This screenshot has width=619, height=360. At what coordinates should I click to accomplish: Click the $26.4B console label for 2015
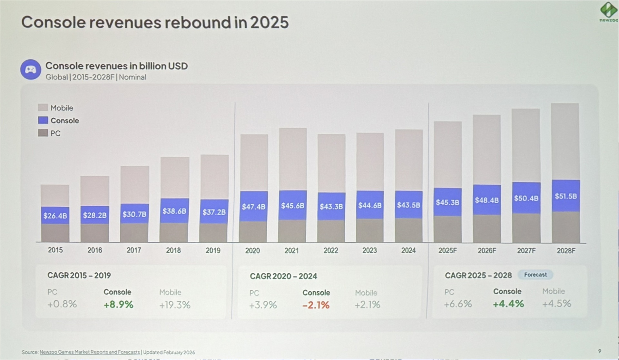click(x=55, y=216)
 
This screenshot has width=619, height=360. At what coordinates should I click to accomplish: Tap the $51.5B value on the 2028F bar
click(x=566, y=196)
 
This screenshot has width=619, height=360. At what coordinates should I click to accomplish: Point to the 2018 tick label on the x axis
click(x=173, y=250)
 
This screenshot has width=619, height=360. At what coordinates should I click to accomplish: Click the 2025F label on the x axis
click(x=447, y=250)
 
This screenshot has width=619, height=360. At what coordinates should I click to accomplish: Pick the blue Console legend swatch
click(x=43, y=121)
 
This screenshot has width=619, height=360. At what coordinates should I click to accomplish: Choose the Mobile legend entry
click(x=62, y=108)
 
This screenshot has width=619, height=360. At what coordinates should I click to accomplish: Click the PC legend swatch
click(x=43, y=133)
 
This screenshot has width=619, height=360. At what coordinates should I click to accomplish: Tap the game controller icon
click(x=31, y=69)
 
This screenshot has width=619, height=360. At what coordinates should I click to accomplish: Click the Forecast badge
click(x=535, y=275)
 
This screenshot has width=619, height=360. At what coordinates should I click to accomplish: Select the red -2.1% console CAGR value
click(x=316, y=305)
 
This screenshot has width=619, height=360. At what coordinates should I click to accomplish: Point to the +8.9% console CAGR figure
click(x=118, y=304)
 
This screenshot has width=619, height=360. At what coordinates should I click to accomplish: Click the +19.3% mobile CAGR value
click(x=175, y=305)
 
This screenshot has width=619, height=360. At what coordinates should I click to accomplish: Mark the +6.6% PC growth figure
click(x=458, y=304)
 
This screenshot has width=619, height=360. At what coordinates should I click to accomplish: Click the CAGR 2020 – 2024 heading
click(x=283, y=276)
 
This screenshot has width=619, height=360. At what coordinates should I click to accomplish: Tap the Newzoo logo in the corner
click(x=608, y=11)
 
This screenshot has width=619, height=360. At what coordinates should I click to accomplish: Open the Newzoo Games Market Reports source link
click(x=90, y=352)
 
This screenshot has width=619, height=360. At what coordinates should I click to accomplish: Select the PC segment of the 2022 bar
click(x=331, y=231)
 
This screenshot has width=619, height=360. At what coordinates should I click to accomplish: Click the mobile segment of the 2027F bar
click(x=526, y=145)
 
